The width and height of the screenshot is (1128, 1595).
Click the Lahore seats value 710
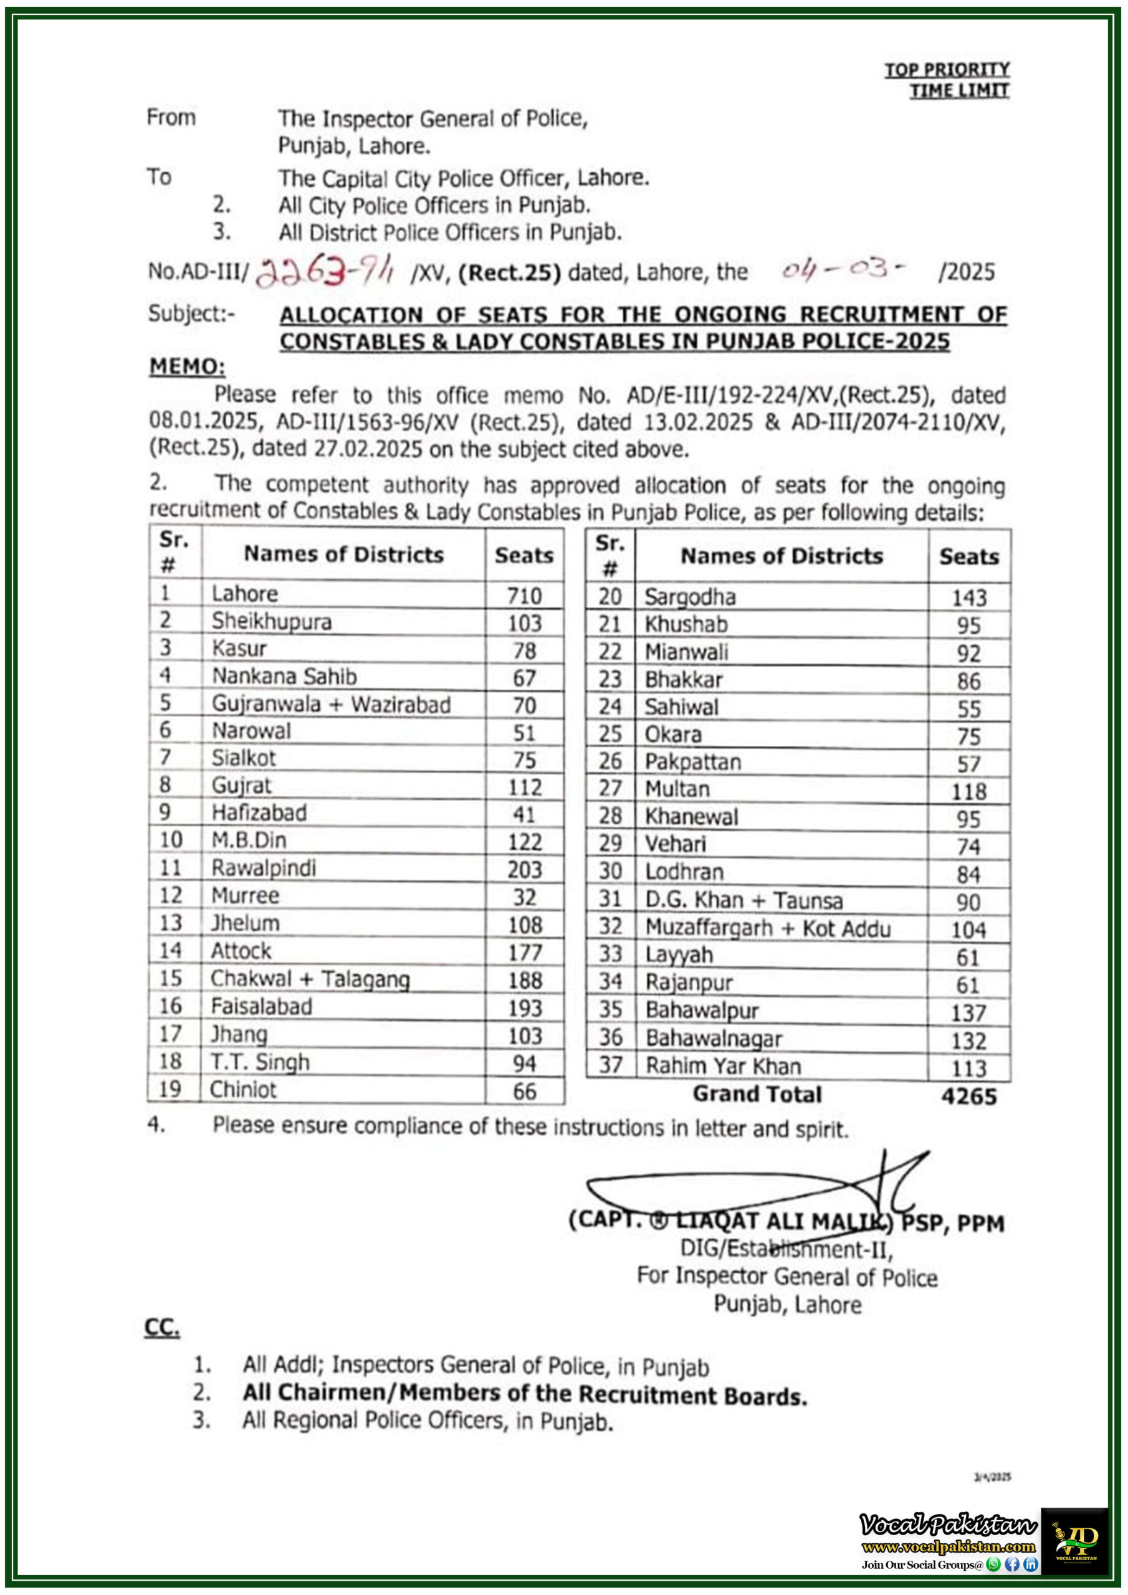click(x=524, y=596)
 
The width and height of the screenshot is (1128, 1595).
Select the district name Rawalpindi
click(x=264, y=868)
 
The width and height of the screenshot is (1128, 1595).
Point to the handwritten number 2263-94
click(x=324, y=270)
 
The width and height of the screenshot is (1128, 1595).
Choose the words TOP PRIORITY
click(x=947, y=69)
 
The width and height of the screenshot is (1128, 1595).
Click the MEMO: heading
click(x=187, y=366)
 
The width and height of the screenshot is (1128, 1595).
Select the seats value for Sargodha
click(x=969, y=598)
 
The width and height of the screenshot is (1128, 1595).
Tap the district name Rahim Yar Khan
click(x=723, y=1065)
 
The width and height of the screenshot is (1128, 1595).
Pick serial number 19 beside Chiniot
click(x=170, y=1089)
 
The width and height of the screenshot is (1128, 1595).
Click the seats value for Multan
click(x=969, y=791)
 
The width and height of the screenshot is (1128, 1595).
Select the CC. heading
click(x=162, y=1328)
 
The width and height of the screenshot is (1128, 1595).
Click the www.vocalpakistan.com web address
click(x=948, y=1546)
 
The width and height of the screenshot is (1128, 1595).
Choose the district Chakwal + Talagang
click(x=310, y=978)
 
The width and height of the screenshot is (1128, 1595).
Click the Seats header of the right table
click(x=969, y=556)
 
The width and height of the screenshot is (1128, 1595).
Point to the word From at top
click(x=171, y=117)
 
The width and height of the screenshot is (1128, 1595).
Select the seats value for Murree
click(x=524, y=897)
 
